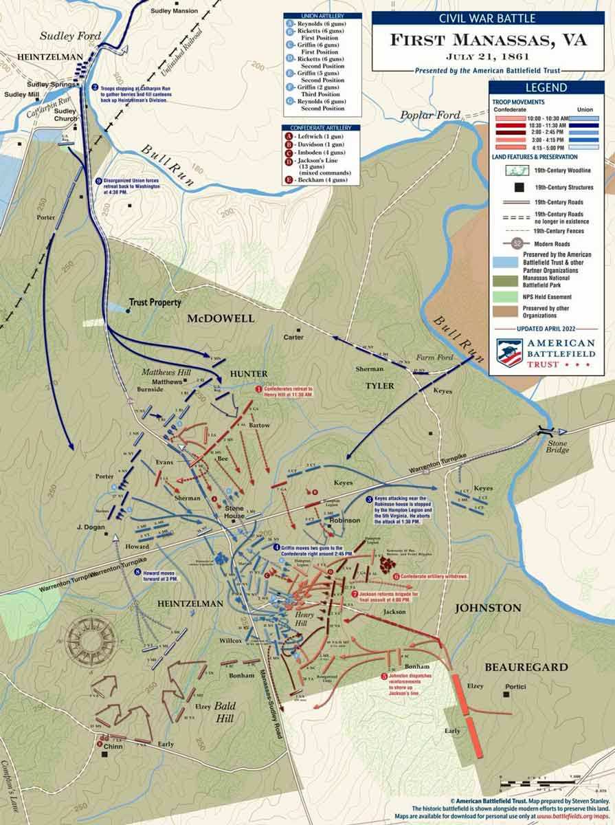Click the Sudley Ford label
[x=61, y=35]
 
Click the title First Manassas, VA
[x=489, y=40]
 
